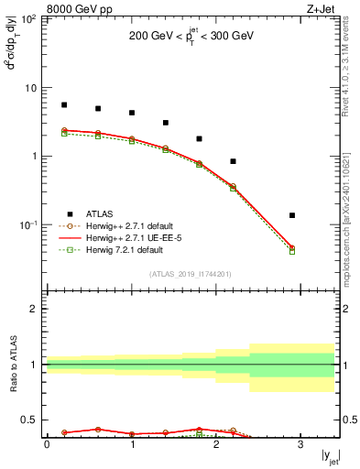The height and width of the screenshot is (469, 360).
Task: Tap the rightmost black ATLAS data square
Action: click(292, 215)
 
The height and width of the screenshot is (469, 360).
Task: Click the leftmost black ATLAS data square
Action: click(64, 105)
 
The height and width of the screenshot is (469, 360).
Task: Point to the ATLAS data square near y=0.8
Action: click(234, 161)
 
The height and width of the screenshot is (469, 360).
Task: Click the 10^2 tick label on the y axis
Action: click(29, 19)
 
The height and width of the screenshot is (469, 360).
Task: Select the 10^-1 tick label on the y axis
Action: click(28, 224)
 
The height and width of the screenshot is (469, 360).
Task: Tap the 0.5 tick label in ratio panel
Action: click(31, 420)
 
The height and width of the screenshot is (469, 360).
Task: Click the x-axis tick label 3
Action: click(300, 445)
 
